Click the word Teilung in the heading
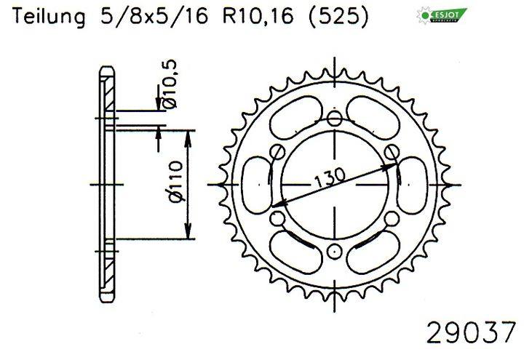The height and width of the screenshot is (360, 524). pos(49,16)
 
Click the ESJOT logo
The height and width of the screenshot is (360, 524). pos(442,15)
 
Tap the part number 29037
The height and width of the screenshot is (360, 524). pos(471,332)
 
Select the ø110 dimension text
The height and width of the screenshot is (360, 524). pos(177,182)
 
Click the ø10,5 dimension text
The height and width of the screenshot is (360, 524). pos(170,84)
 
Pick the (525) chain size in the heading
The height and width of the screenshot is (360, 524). pos(338,16)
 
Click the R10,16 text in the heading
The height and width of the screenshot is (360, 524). pos(258,16)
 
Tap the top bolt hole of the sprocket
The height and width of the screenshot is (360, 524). pos(334,119)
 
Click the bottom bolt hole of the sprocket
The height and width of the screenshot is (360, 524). pos(334,251)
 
